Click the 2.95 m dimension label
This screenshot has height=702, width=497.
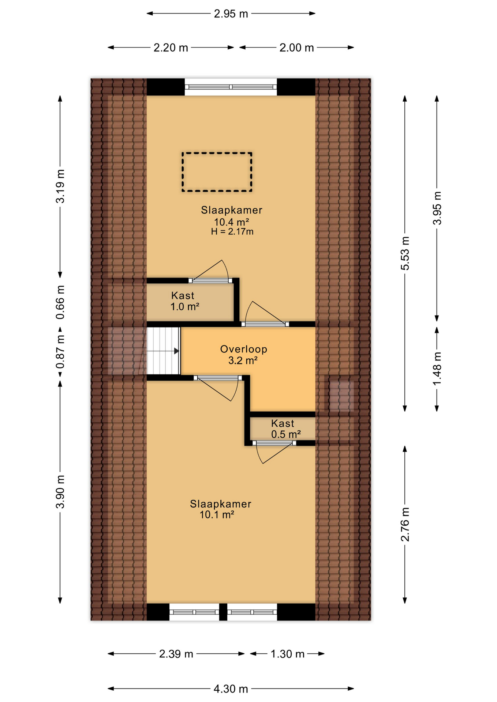pos(231,14)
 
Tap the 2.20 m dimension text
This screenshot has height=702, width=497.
pos(171,48)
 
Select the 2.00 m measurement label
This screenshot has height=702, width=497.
pos(296,48)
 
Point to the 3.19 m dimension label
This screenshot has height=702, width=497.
pos(60,186)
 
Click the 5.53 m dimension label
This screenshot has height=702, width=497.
pos(405,253)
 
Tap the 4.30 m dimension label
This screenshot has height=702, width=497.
pos(231,689)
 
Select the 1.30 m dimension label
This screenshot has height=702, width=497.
pos(287,654)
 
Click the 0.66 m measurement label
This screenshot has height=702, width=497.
pos(60,302)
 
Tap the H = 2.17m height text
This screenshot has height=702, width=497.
pos(232,231)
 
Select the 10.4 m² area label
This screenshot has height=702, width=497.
pos(231,222)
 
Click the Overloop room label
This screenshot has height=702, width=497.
pos(243,349)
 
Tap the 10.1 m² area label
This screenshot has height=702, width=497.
pos(217,515)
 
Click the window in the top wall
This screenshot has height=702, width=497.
pos(231,87)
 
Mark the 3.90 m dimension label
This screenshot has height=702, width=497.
pos(60,492)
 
